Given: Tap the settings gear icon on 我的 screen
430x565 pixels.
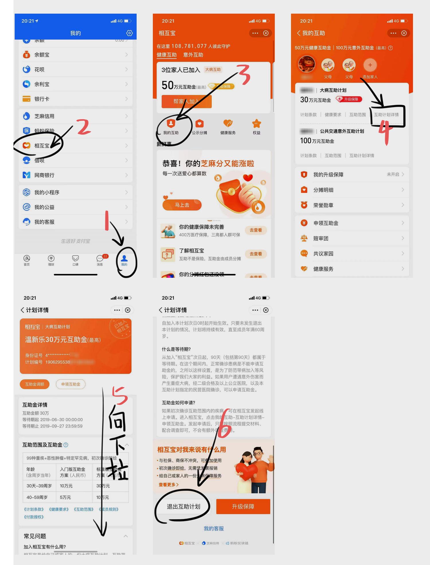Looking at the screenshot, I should point(130,33).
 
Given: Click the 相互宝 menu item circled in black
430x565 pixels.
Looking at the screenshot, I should point(42,146).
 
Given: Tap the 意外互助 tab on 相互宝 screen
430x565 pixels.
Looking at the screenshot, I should point(193,55).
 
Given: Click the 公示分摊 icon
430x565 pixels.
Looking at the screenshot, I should point(200,127).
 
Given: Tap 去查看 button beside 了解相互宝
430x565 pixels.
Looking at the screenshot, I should point(256,254).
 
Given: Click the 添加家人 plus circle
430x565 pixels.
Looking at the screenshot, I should point(370,65).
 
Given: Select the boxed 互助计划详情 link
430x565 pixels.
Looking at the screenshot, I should point(386,115).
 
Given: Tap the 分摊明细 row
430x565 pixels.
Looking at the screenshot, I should point(352,190).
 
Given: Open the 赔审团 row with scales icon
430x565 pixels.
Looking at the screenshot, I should point(352,238).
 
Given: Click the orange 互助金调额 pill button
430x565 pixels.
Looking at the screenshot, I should point(35,384).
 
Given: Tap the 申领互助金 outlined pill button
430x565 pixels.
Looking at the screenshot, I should point(71,384).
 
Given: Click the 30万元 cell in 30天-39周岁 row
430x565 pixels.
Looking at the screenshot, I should point(103,486).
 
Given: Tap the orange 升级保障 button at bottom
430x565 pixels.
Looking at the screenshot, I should point(243,506).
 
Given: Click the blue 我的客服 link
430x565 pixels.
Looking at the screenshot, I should point(214,529).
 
